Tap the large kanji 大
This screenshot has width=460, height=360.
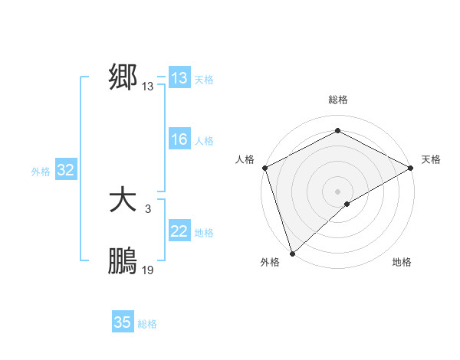pos(123,201)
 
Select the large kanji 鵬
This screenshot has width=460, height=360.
pos(123,262)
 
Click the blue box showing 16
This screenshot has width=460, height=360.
pos(179,139)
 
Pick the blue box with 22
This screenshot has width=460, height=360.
pos(179,231)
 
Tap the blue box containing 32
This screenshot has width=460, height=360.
pos(65,170)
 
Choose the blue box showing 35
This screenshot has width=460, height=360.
pos(123,322)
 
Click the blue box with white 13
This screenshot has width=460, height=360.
pos(179,78)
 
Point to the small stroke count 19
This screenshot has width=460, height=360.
pos(148,270)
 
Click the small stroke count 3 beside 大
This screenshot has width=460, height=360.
pos(148,208)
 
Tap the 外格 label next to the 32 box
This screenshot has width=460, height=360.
pos(41,172)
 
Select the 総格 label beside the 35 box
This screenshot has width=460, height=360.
pos(147,324)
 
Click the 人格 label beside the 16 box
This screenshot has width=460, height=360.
pos(204,141)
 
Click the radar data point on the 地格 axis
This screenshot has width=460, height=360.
pos(347,204)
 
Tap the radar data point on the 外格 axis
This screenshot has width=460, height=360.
pos(292,253)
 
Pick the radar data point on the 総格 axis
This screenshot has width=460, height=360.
pos(337,130)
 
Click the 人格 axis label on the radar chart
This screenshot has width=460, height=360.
pos(245,159)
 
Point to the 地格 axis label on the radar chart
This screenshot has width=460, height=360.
pos(402,263)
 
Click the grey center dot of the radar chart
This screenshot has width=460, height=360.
pos(337,191)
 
